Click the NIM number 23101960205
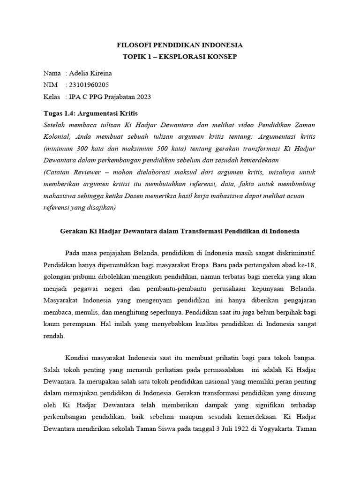click(90, 85)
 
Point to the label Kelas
click(52, 97)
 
